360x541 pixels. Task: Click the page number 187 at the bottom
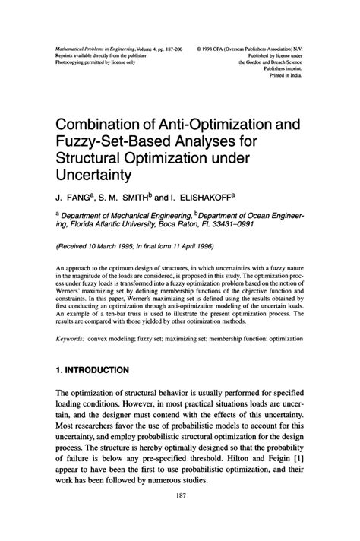180,518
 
